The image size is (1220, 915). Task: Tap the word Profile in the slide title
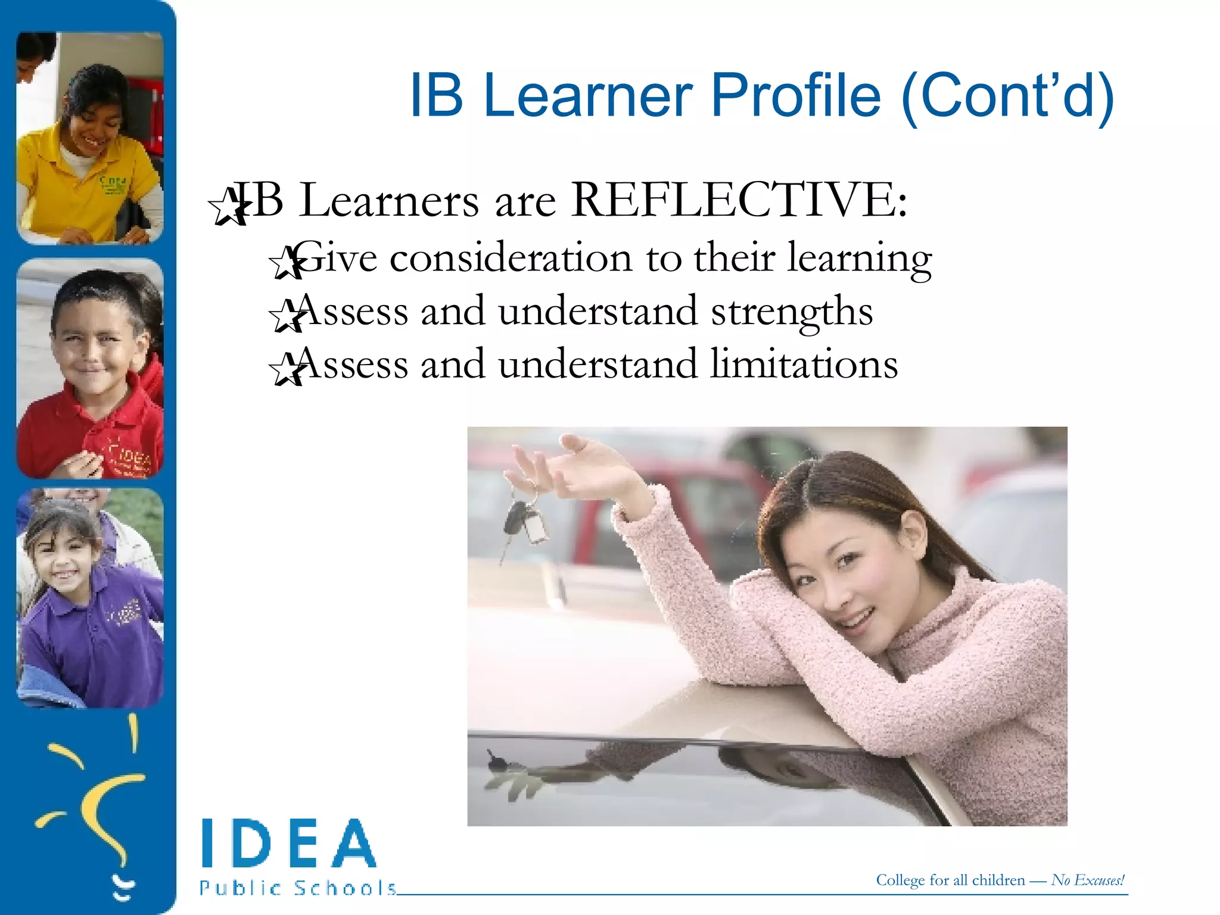point(795,95)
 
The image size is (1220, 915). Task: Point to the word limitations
point(804,365)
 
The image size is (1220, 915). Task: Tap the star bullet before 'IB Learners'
point(228,206)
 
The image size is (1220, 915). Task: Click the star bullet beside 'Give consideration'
point(287,262)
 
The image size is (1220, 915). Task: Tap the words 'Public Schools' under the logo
point(298,888)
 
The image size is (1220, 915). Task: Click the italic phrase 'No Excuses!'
point(1088,880)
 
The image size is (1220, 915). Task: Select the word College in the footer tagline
point(900,880)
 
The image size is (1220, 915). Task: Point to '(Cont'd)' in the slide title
point(1007,95)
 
